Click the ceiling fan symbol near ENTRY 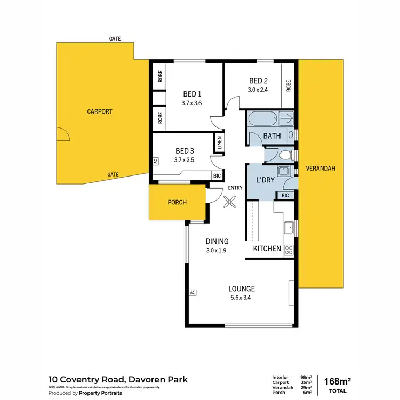(230, 202)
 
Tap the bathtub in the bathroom (261, 118)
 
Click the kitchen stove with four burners (289, 249)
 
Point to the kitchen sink (289, 228)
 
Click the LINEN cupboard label (219, 143)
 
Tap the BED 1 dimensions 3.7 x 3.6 (191, 103)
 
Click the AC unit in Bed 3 (156, 161)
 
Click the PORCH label (177, 202)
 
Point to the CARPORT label (100, 111)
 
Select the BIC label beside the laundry (285, 196)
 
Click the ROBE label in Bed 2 (289, 86)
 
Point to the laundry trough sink (284, 172)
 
